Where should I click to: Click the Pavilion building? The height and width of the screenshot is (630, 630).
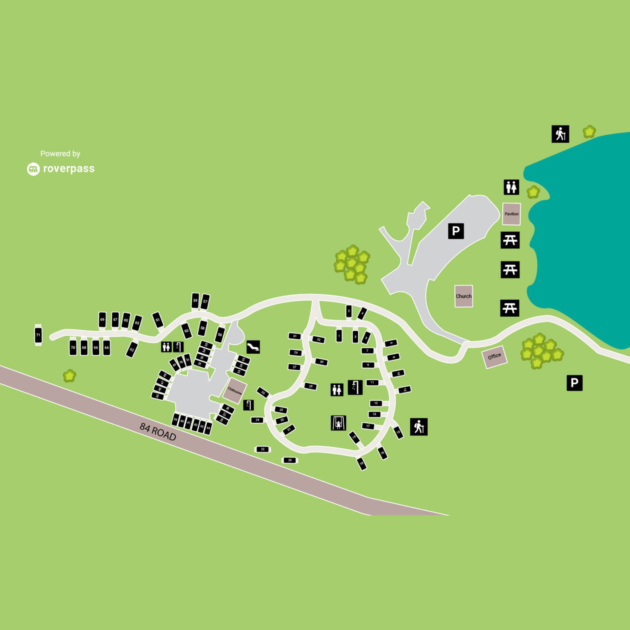(511, 214)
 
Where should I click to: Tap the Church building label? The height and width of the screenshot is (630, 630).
(463, 296)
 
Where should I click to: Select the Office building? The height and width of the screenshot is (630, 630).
(494, 357)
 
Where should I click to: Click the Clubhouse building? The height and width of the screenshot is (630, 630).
(234, 390)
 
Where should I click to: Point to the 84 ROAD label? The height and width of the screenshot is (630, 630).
(158, 432)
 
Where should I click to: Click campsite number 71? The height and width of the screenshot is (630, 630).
(38, 335)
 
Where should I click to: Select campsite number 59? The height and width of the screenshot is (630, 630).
(195, 300)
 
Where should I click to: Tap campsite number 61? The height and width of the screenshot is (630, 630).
(157, 320)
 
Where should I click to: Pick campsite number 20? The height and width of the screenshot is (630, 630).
(290, 460)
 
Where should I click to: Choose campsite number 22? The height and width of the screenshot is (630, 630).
(262, 449)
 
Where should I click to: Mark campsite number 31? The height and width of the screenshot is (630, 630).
(295, 336)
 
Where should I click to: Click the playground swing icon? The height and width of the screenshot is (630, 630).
(338, 423)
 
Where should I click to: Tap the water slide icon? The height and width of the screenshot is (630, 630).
(253, 347)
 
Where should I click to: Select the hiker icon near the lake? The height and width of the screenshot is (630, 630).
(560, 134)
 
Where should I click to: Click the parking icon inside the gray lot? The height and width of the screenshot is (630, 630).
(456, 231)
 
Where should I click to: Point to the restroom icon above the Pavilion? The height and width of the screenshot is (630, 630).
(511, 187)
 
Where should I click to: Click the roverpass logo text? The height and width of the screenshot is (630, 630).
(69, 169)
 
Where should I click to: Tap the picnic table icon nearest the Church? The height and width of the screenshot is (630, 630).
(509, 308)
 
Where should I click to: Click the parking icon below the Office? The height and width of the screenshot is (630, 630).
(574, 383)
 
